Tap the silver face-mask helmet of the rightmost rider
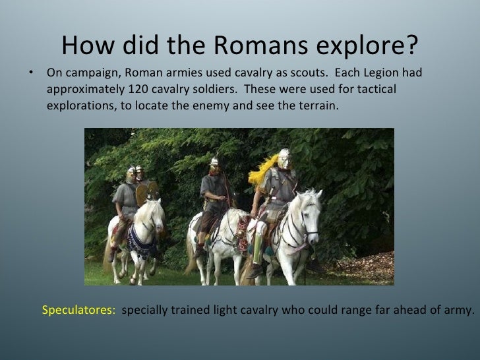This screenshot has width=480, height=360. [x=284, y=158]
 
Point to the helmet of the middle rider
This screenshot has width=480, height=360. [x=214, y=163]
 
